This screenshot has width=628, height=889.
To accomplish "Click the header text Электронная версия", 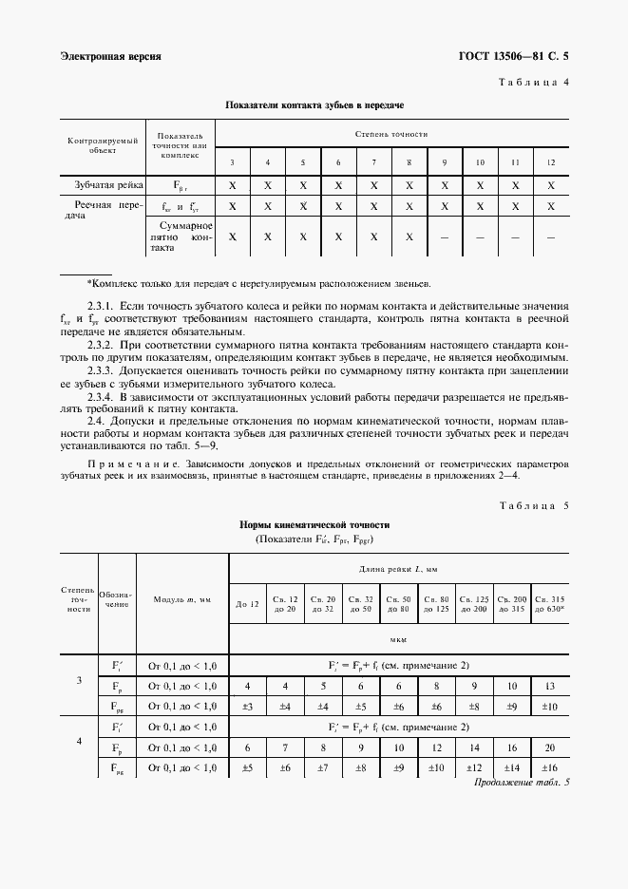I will click(110, 56).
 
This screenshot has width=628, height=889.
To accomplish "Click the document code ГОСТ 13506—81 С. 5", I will click(514, 56).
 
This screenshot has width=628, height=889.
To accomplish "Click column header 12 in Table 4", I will click(551, 162).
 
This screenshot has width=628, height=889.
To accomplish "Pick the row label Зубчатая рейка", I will click(104, 184).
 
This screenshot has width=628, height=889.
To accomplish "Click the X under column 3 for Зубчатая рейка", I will click(232, 184).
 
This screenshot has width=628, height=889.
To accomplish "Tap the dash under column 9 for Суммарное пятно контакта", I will click(444, 237).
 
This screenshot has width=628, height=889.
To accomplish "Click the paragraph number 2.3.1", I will click(100, 306).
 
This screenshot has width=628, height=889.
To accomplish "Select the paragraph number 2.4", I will click(96, 419).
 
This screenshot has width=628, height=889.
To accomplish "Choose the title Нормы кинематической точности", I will click(314, 524).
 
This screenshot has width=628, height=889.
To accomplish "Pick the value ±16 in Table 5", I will click(550, 767).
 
